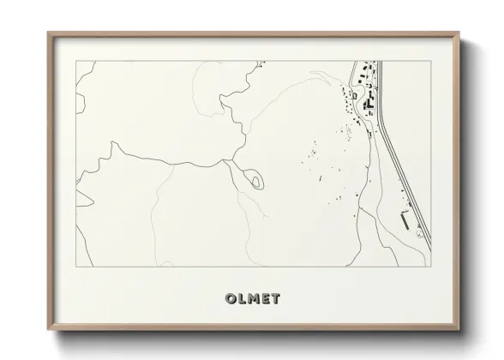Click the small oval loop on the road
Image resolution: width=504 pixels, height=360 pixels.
click(x=255, y=180)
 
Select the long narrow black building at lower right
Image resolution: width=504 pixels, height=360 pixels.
click(x=405, y=220)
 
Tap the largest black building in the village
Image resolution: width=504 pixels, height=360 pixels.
click(x=370, y=104)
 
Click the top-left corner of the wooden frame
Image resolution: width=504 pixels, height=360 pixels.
click(x=48, y=33)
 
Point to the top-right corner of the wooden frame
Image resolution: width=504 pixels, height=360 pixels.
click(x=459, y=33)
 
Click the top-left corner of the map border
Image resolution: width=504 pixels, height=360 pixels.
click(x=76, y=61)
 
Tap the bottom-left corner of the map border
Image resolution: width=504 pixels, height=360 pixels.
click(x=76, y=267)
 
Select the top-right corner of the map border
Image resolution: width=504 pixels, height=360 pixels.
click(x=430, y=61)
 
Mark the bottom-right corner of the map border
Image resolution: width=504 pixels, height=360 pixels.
click(x=430, y=267)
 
